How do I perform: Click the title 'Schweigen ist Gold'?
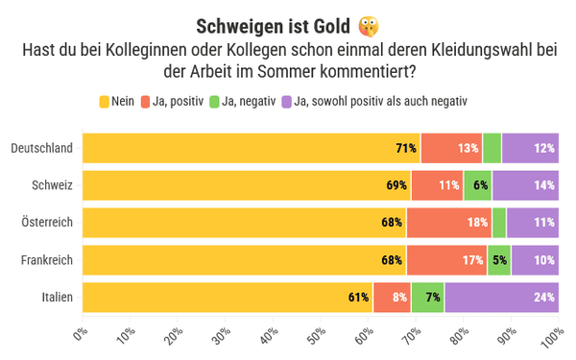pos(273,27)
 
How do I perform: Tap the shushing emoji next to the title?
pos(369,27)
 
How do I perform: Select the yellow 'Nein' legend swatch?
pos(105,102)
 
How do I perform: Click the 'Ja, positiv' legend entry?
pos(172,102)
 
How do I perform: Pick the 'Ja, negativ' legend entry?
pos(243,102)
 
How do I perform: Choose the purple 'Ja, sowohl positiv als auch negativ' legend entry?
pos(374,102)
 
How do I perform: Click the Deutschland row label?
pos(42,148)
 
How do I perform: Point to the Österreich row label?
pos(47,223)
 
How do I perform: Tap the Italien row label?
pos(58,297)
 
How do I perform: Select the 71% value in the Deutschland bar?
pos(406,148)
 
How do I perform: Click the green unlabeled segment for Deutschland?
pos(492,148)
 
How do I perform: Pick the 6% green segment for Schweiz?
pos(477,185)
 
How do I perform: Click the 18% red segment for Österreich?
pos(449,223)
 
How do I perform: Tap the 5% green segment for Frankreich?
pos(499,260)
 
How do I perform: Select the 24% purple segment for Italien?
pos(502,298)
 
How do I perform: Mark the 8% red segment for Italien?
pos(392,298)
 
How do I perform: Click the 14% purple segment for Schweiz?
pos(526,185)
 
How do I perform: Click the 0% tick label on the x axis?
pos(81,333)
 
